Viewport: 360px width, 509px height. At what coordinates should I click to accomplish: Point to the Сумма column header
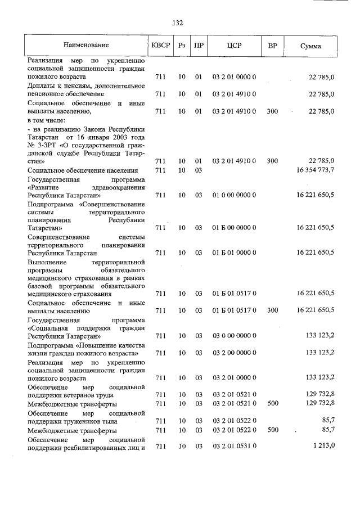[310, 46]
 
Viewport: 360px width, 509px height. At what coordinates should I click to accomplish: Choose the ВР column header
[272, 45]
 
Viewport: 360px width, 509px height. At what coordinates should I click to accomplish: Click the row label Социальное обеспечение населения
[83, 170]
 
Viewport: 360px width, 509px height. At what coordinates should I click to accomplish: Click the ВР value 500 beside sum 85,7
[272, 430]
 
